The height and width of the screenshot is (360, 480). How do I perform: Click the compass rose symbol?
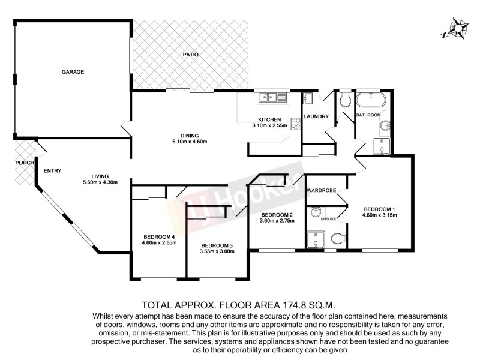(455, 29)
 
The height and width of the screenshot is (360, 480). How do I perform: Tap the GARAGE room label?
(73, 71)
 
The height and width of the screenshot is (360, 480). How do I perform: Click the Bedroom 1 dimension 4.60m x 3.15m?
(379, 215)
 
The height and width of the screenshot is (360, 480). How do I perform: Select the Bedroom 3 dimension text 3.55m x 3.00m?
(217, 252)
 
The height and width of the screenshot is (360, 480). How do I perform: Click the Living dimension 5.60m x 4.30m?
(100, 182)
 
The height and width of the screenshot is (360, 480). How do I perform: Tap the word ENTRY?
(53, 171)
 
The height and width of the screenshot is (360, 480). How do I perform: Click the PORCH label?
(23, 163)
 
